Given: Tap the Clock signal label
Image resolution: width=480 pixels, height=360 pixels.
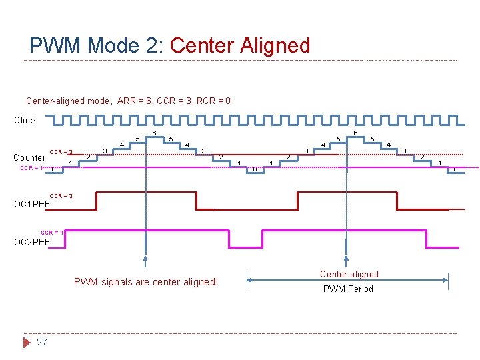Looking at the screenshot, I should pos(25,121).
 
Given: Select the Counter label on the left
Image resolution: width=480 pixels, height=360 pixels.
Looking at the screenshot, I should pos(30,158).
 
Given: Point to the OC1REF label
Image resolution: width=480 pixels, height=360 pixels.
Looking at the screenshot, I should pos(31,204).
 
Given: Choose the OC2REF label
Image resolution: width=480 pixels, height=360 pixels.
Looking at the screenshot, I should pos(31,242).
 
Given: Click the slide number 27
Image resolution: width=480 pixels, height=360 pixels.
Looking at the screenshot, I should pos(42,342).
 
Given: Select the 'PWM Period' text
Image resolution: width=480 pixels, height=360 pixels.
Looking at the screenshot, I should pos(348,289).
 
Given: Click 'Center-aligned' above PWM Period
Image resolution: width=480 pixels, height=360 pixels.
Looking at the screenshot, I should pos(349,274).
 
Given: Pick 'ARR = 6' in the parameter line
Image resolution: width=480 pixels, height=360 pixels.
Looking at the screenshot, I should pos(135,101).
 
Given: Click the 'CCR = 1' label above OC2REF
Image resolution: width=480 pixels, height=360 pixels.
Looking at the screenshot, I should pos(53,232).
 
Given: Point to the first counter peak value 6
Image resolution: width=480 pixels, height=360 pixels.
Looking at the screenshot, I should pos(155,134).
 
